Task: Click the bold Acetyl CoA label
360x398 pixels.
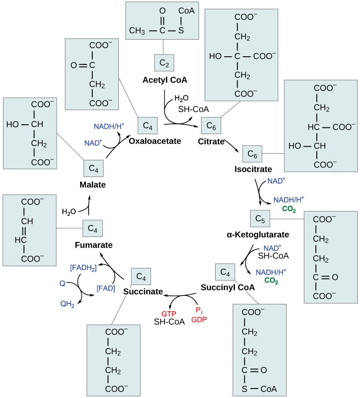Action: pyautogui.click(x=165, y=80)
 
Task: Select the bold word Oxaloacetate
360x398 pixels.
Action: pyautogui.click(x=155, y=141)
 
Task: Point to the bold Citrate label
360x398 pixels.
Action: pyautogui.click(x=211, y=142)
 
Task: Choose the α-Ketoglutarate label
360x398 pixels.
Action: pyautogui.click(x=258, y=235)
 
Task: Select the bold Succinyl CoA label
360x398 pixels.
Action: pyautogui.click(x=228, y=287)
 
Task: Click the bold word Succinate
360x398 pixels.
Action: pyautogui.click(x=143, y=291)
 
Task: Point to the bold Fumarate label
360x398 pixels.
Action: pyautogui.click(x=94, y=245)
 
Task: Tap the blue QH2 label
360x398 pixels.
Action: pyautogui.click(x=67, y=303)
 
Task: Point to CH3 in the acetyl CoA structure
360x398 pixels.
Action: pyautogui.click(x=138, y=31)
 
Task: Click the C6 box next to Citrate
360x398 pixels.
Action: pyautogui.click(x=211, y=126)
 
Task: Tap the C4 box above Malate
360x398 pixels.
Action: pyautogui.click(x=94, y=169)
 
